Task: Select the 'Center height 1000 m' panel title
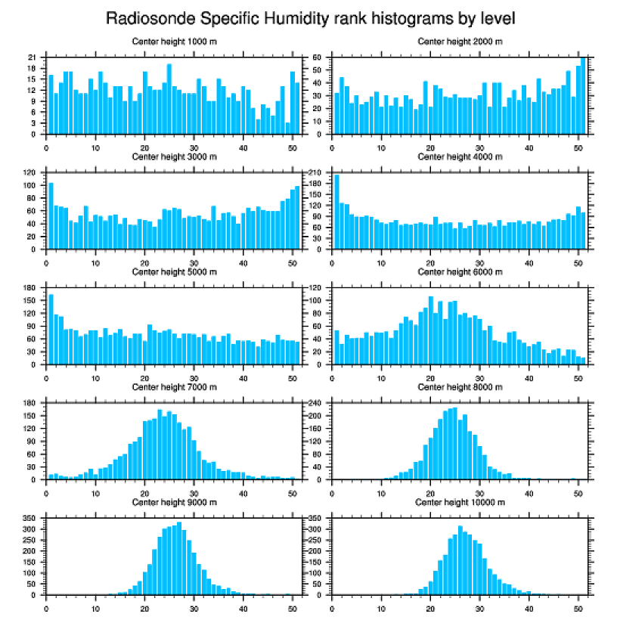coord(174,41)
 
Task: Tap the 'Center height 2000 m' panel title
coord(460,41)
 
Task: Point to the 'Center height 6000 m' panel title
coord(460,271)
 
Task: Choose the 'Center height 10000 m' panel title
coord(460,502)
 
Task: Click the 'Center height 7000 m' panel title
coord(174,387)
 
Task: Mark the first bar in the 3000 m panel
coord(51,215)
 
